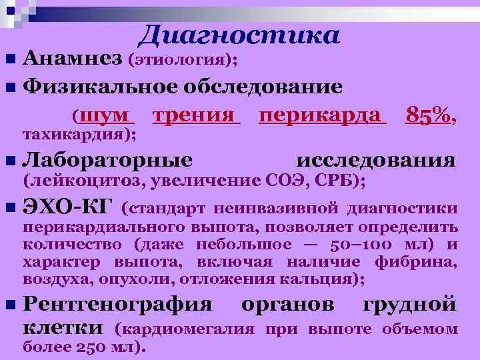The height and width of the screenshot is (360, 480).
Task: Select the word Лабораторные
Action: pos(108,161)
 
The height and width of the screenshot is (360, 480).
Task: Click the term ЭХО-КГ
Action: pos(67,207)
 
